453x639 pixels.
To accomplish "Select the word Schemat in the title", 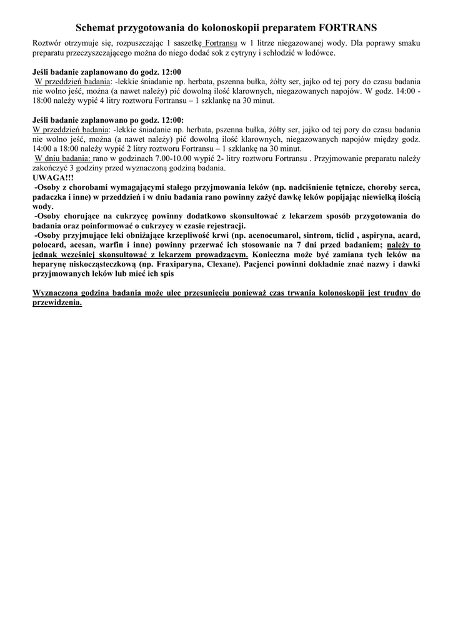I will (95, 28).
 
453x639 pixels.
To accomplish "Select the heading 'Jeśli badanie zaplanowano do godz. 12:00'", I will (106, 72).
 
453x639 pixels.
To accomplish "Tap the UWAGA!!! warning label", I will (52, 178).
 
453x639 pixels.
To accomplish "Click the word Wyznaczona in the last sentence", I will (61, 293).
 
